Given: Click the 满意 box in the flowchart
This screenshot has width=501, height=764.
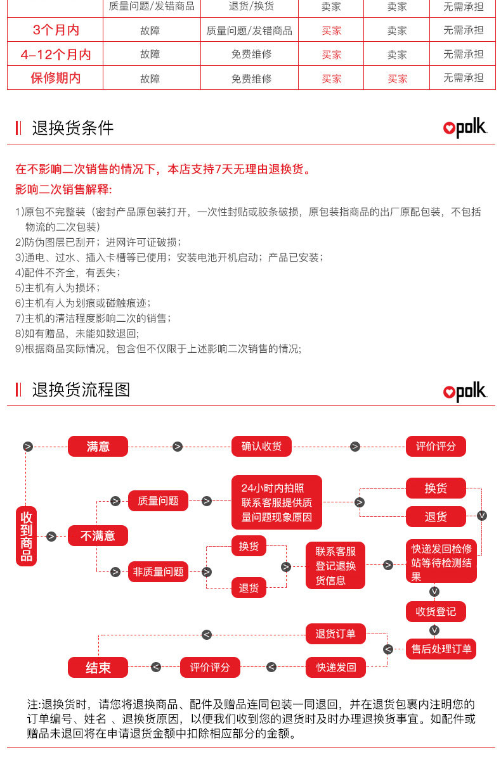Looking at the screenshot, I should click(98, 447).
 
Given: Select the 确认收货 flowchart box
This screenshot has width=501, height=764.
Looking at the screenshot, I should click(261, 447).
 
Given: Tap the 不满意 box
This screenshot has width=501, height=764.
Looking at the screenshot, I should click(98, 536).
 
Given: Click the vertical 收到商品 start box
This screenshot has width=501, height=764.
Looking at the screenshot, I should click(27, 536).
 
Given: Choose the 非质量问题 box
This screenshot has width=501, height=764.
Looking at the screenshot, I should click(158, 572).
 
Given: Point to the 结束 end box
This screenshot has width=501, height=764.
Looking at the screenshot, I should click(98, 667).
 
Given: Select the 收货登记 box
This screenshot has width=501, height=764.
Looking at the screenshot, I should click(436, 612).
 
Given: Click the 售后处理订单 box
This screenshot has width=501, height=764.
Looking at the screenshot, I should click(441, 649).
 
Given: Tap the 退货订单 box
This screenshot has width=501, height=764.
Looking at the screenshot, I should click(335, 634).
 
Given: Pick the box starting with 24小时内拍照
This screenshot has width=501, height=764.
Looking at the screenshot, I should click(277, 502).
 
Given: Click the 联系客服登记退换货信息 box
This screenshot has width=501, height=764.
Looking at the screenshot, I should click(335, 566).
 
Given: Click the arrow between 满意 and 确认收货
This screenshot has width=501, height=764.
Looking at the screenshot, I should click(178, 447).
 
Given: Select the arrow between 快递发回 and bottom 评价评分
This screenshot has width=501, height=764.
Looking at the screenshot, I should click(271, 667).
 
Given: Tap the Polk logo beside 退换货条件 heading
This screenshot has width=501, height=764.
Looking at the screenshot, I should click(465, 128).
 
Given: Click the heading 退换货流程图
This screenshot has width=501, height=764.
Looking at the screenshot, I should click(81, 390).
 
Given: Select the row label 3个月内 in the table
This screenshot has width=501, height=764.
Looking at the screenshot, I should click(56, 30).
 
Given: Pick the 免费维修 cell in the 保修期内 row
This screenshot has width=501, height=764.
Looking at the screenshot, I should click(251, 79).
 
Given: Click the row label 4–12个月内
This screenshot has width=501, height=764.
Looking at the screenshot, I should click(56, 54).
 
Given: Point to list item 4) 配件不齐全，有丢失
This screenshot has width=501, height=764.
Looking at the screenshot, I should click(67, 272).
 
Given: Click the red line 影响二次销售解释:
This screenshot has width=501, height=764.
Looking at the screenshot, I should click(63, 189).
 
